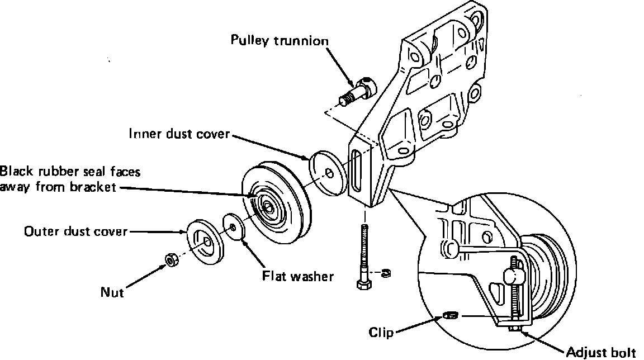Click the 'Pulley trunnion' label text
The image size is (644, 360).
tap(280, 41)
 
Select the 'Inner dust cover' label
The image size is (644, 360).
tap(179, 134)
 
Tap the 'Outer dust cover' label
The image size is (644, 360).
tap(76, 231)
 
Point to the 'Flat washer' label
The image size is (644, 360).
tap(298, 276)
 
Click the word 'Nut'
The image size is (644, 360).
tap(112, 292)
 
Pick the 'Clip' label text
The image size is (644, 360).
tap(381, 332)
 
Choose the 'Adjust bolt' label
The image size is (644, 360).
tap(601, 352)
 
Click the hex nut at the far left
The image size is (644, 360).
tap(171, 260)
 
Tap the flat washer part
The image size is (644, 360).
tap(233, 226)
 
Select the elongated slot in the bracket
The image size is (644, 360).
tap(356, 170)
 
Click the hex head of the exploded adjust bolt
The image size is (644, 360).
tap(363, 285)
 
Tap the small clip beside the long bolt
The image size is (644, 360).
tap(386, 272)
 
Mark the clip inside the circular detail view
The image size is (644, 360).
tap(451, 315)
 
